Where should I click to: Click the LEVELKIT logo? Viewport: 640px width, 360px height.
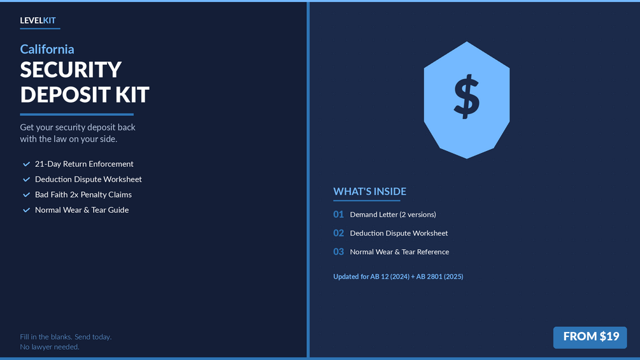[38, 20]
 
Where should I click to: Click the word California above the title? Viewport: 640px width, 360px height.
[47, 50]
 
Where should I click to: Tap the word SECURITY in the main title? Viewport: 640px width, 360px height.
[71, 70]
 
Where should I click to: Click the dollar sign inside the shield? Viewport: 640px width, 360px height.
[467, 97]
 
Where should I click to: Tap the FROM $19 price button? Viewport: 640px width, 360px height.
[590, 337]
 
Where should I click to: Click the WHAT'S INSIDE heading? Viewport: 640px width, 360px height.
[370, 191]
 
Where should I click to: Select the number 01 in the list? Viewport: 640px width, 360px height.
[338, 214]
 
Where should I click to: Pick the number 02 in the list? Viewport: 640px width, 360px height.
[338, 233]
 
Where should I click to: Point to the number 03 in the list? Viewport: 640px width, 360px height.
[338, 252]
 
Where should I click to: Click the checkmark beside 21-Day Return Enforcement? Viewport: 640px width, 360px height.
[27, 164]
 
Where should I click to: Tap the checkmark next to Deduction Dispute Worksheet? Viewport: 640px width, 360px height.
[27, 180]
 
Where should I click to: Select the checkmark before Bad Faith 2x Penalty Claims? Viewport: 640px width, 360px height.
[27, 195]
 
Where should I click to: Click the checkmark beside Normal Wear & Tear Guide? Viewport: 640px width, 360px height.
[27, 210]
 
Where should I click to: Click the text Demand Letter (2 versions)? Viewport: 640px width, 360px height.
[393, 215]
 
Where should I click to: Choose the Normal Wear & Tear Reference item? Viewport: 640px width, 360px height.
[399, 252]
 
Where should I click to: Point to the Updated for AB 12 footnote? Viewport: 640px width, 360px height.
[398, 277]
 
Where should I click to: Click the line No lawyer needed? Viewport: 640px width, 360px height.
[50, 347]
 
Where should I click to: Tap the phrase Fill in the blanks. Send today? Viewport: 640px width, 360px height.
[66, 336]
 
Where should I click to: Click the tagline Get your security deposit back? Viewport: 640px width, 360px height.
[78, 127]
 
